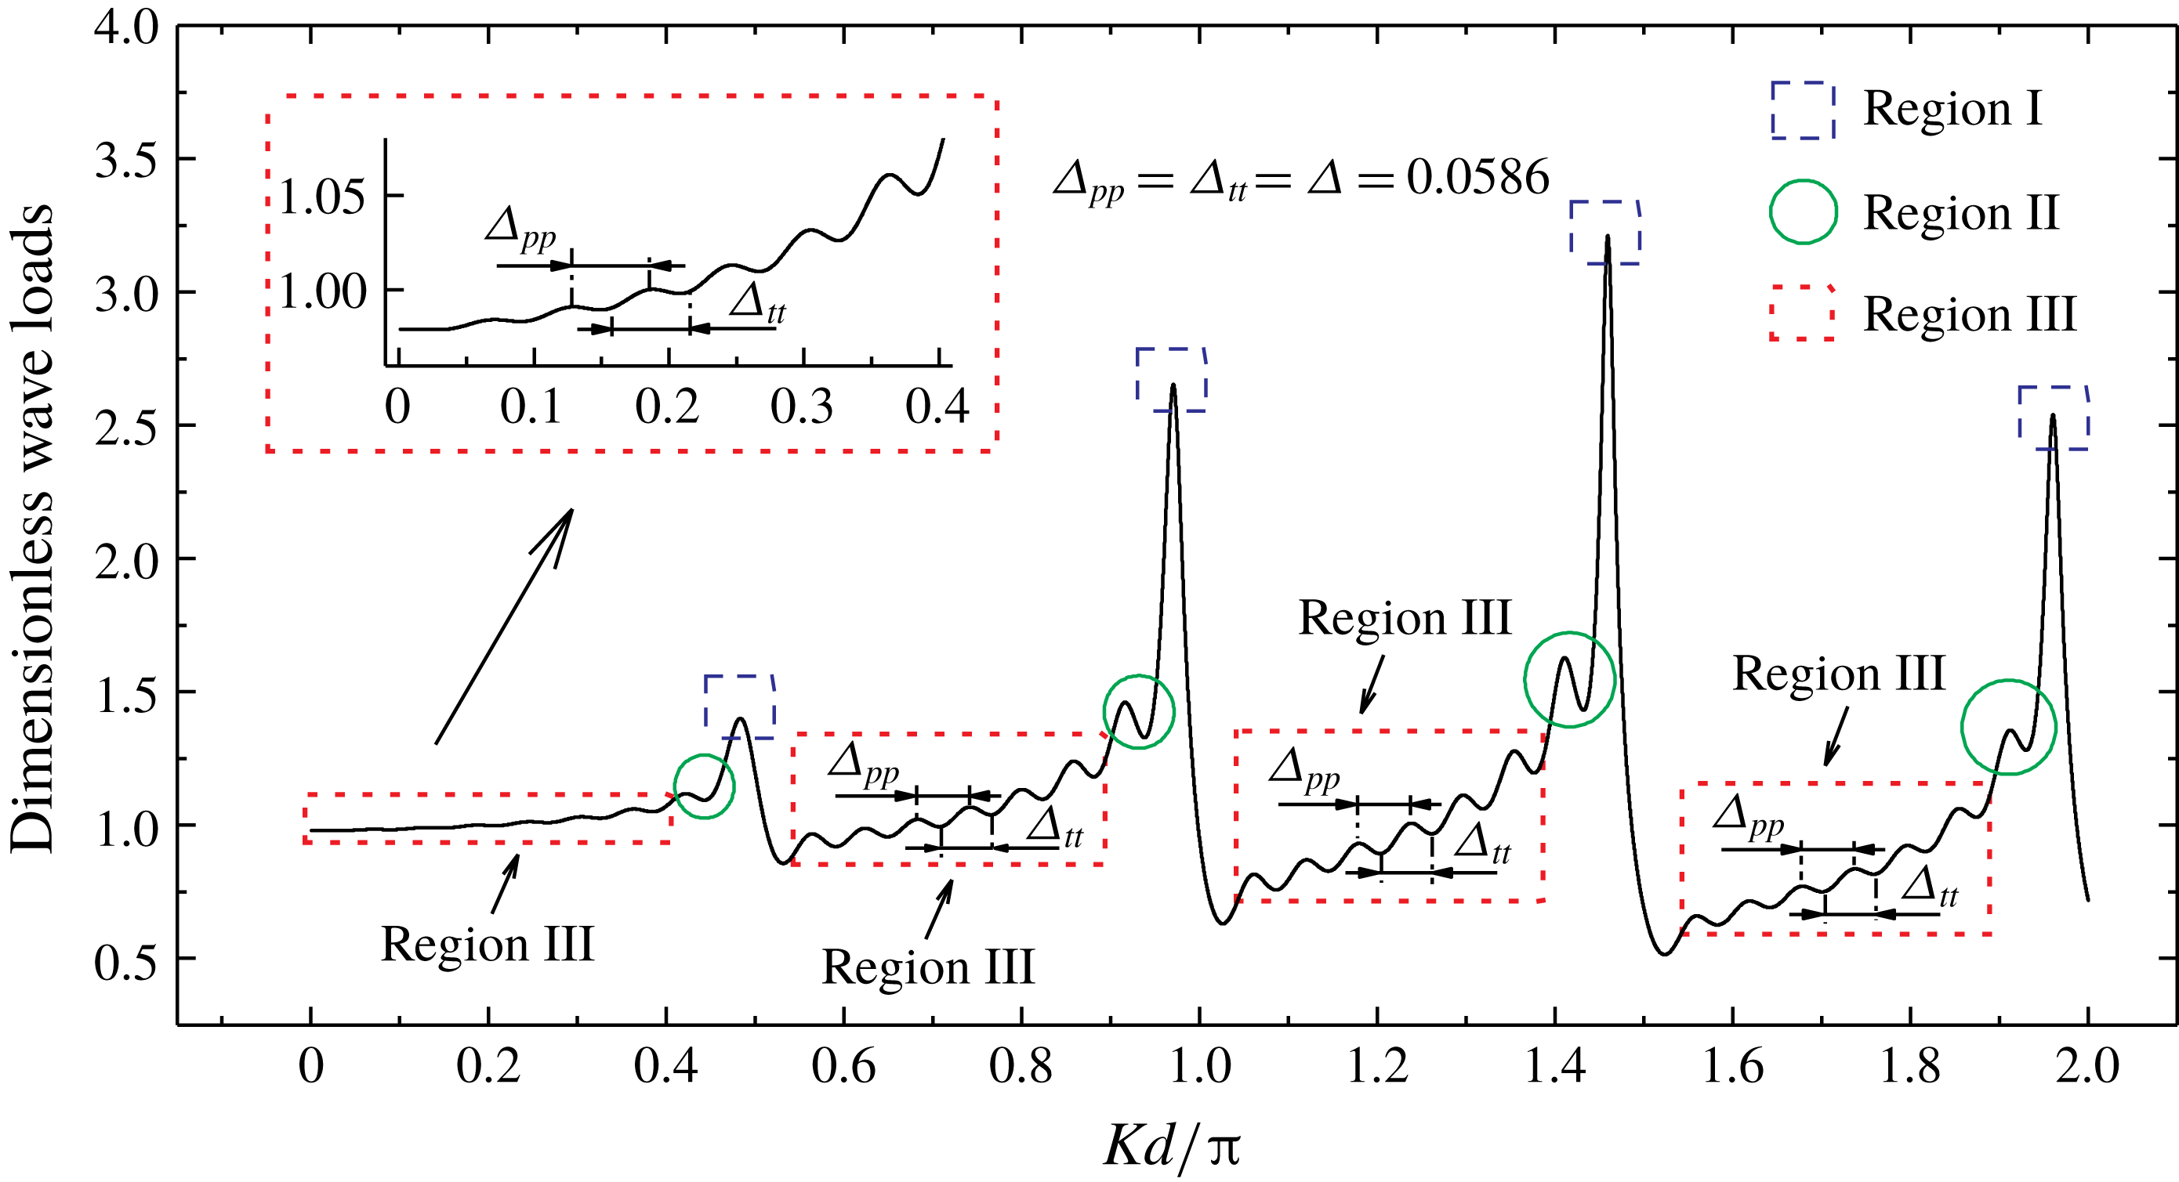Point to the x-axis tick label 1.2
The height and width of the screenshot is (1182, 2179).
click(x=1377, y=1067)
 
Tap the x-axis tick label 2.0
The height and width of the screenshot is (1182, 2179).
click(x=2087, y=1067)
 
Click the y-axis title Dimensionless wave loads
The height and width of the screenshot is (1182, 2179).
click(x=32, y=529)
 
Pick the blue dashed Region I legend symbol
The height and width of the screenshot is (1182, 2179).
click(x=1803, y=110)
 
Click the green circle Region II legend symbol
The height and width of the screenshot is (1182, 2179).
click(x=1803, y=211)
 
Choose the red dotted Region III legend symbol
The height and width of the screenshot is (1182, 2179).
click(x=1803, y=313)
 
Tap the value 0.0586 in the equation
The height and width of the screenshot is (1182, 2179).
click(x=1477, y=178)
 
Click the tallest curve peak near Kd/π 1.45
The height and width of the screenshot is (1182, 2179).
click(x=1607, y=237)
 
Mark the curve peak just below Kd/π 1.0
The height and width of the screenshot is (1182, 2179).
click(x=1173, y=385)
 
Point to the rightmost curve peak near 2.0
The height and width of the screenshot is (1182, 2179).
click(x=2053, y=415)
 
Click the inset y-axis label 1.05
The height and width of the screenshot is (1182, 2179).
click(x=321, y=198)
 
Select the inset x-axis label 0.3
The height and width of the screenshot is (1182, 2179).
click(x=802, y=407)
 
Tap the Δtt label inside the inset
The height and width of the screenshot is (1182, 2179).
click(x=757, y=302)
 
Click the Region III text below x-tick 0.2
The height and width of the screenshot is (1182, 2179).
click(x=488, y=945)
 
